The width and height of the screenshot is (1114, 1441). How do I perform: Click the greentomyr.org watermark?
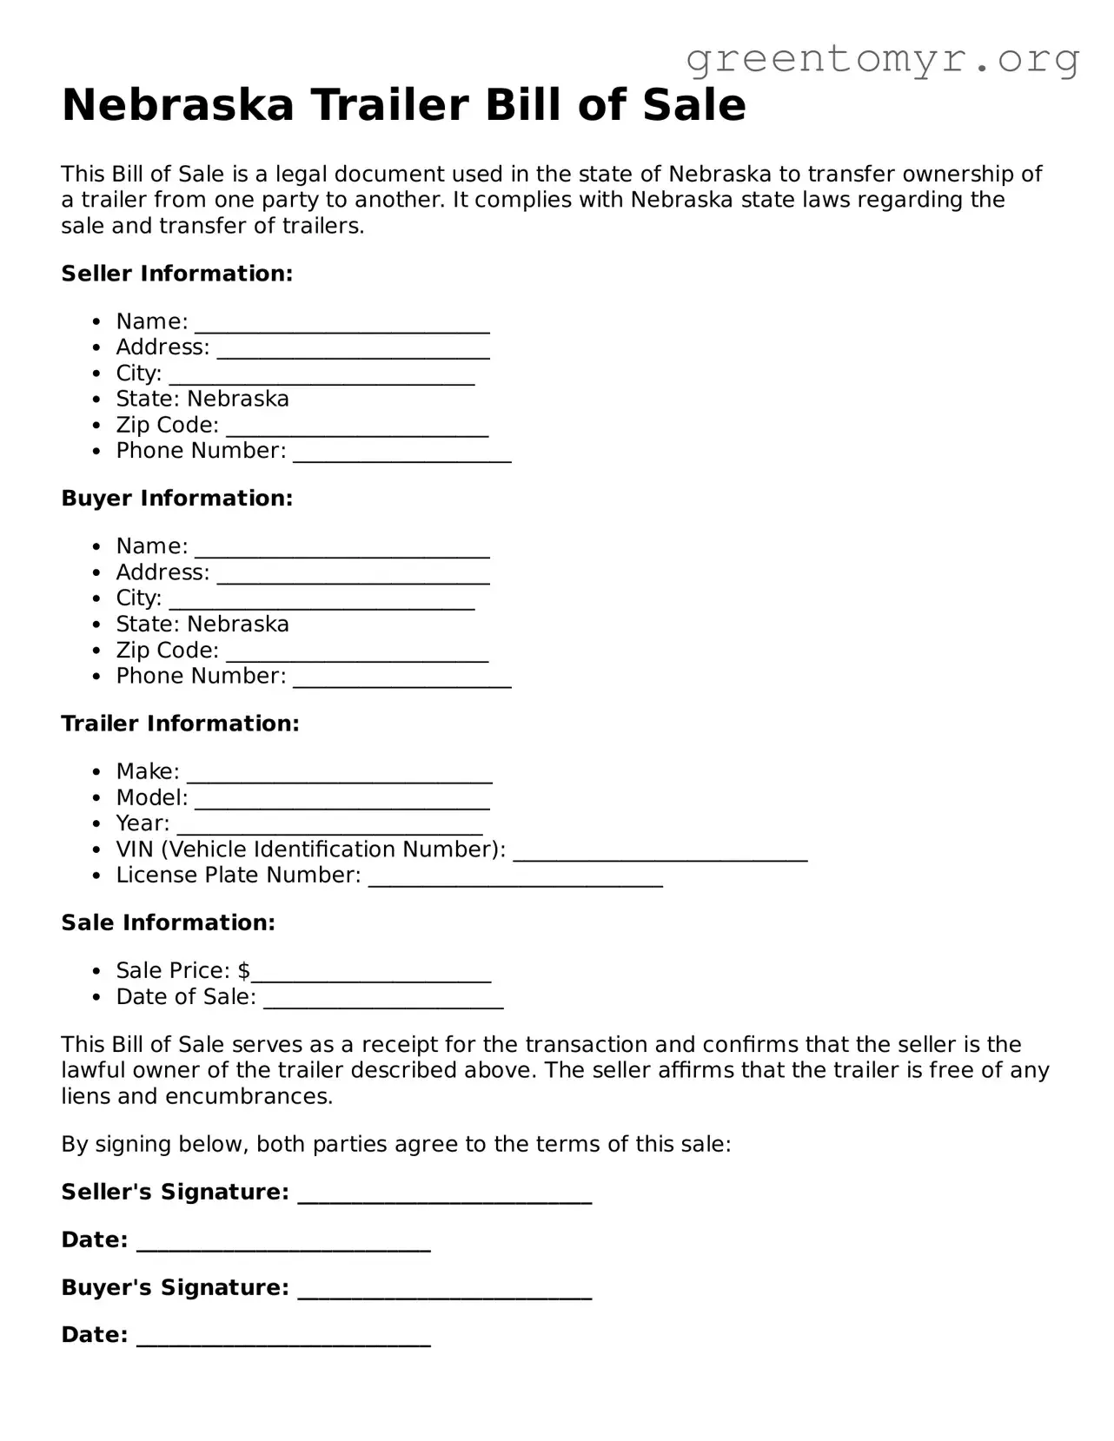tap(882, 59)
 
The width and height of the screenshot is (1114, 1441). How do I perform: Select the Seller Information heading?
tap(176, 274)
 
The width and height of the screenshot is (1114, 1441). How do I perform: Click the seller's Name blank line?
tap(342, 326)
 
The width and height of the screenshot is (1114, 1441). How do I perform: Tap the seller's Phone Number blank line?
tap(401, 455)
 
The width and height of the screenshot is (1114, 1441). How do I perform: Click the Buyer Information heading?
tap(176, 499)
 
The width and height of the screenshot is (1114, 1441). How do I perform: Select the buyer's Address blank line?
tap(353, 577)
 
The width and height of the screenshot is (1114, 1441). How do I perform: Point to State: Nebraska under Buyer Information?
tap(202, 625)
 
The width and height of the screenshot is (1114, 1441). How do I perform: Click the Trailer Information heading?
tap(180, 724)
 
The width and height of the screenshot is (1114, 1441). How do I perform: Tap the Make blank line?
tap(340, 776)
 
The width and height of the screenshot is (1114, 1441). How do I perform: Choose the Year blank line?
tap(329, 828)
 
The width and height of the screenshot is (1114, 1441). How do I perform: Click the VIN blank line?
tap(660, 854)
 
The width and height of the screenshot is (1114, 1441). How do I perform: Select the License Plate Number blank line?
tap(515, 880)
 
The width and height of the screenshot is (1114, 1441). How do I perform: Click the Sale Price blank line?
tap(371, 975)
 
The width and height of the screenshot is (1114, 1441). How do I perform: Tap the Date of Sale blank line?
tap(382, 1001)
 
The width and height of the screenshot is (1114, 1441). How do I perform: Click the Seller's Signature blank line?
tap(444, 1197)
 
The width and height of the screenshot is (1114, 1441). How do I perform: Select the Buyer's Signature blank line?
tap(444, 1292)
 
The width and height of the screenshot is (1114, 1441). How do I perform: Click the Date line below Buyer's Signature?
tap(283, 1340)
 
